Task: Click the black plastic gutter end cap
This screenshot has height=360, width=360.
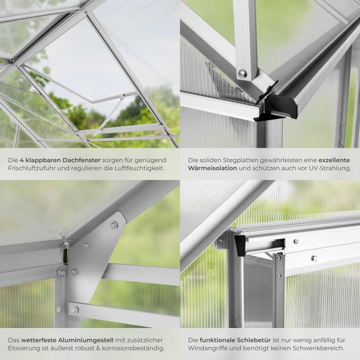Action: coord(278,107)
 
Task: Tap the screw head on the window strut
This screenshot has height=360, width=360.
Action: coord(242,73)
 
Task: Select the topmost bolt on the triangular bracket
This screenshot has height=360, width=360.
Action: coord(114,225)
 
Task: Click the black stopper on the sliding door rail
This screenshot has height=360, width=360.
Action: coord(241,245)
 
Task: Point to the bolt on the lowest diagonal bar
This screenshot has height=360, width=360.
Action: coord(74,310)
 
